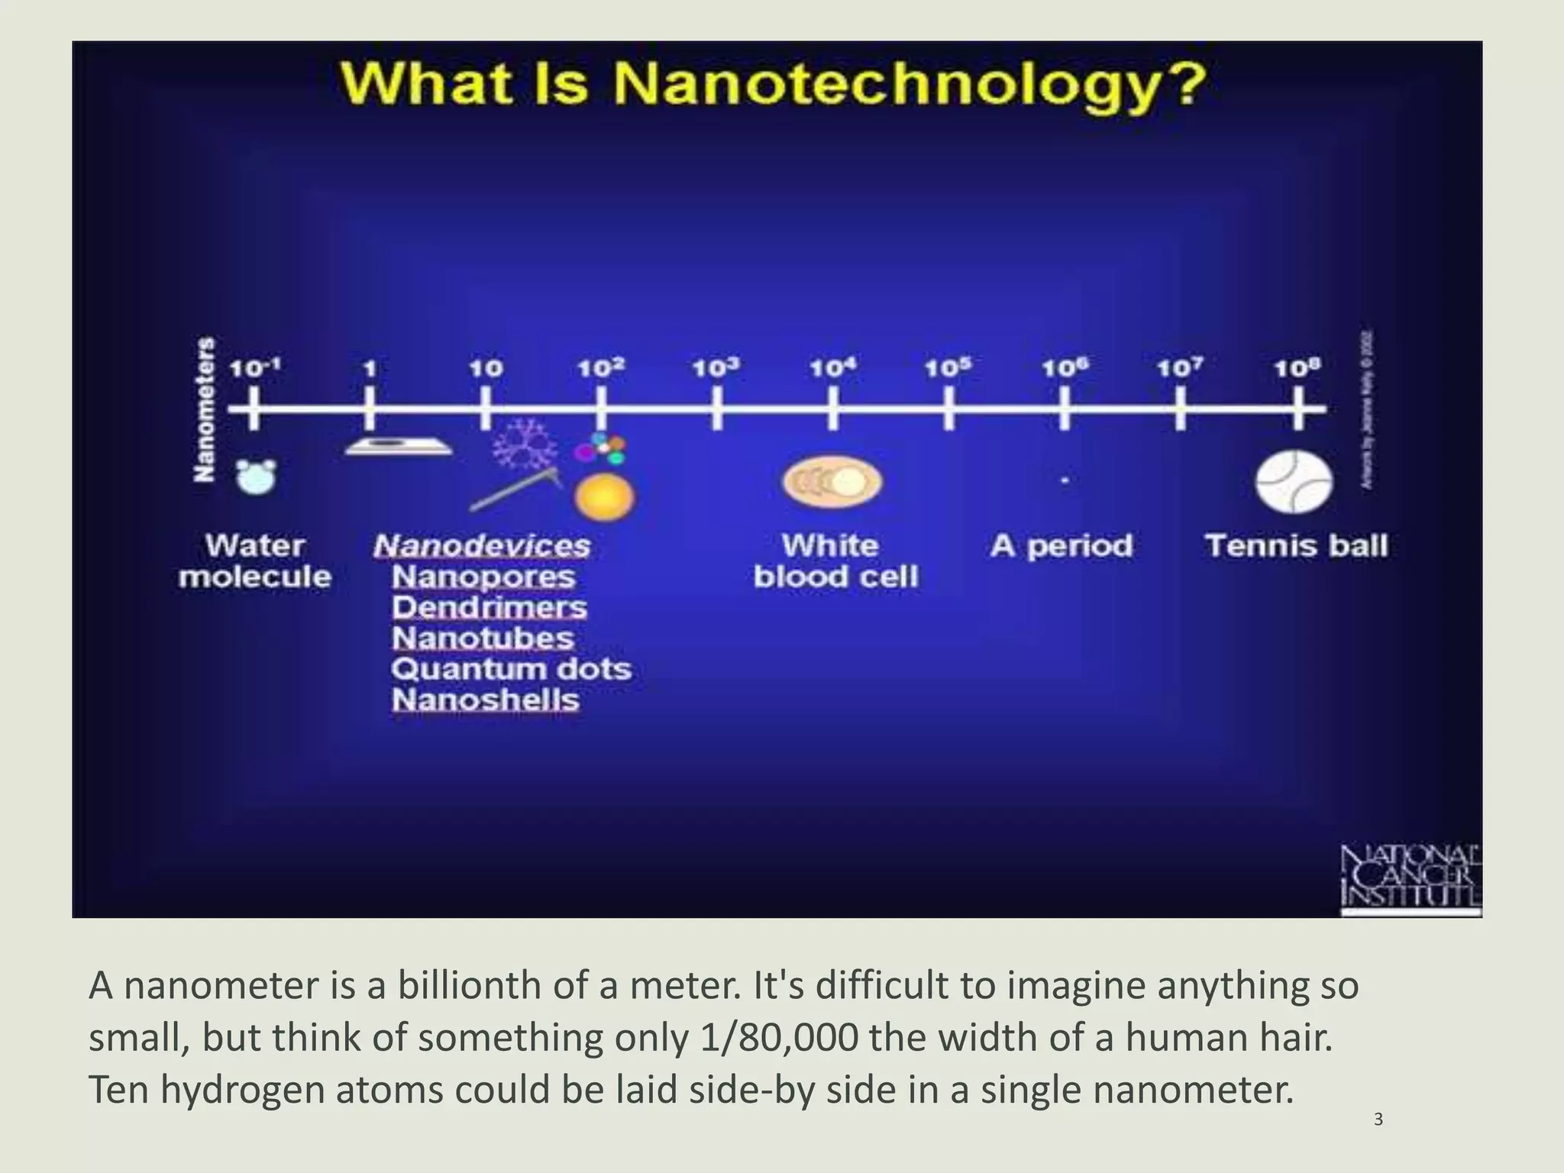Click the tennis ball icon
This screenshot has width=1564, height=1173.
tap(1294, 483)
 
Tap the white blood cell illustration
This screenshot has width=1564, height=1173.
tap(832, 483)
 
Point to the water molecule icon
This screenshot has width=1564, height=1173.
tap(255, 477)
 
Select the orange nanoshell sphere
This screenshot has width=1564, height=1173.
tap(604, 496)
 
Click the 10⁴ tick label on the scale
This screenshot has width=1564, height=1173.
tap(832, 369)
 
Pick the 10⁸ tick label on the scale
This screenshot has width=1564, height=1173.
tap(1297, 369)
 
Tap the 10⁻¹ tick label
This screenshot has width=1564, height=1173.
tap(255, 369)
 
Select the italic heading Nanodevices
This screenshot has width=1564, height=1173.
tap(482, 546)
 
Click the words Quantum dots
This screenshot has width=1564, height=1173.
tap(511, 670)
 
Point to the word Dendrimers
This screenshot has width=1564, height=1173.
tap(490, 608)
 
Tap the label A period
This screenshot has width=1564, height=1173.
tap(1062, 546)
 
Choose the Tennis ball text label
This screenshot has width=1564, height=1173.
tap(1296, 546)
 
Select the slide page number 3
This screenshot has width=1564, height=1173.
tap(1378, 1120)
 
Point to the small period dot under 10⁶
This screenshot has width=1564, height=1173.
tap(1064, 480)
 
